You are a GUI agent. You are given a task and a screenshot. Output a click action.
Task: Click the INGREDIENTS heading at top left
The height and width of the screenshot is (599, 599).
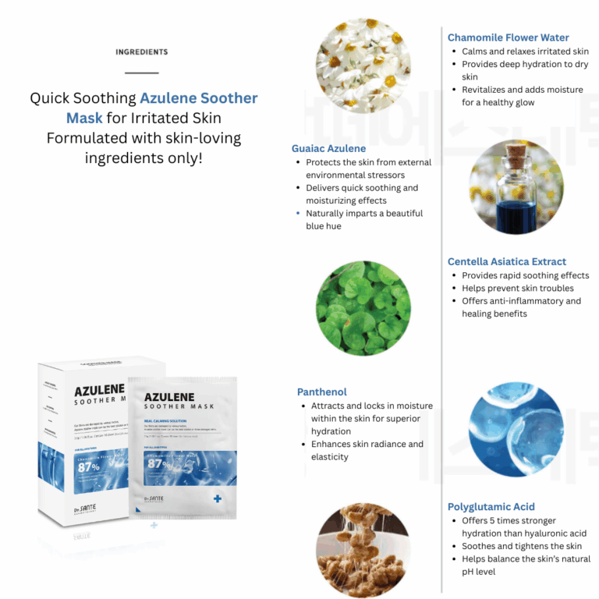[x=141, y=52]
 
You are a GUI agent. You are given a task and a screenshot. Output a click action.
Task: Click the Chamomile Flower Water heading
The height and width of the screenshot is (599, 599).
[x=508, y=37]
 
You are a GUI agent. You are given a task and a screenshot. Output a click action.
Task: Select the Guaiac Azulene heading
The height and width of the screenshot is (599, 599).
[x=328, y=148]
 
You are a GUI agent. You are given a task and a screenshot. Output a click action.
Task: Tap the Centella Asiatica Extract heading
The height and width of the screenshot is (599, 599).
[x=507, y=261]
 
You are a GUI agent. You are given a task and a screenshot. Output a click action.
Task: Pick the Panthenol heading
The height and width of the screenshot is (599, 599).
[x=322, y=392]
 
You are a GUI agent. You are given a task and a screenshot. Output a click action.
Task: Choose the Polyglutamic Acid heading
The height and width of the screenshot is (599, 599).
[x=491, y=506]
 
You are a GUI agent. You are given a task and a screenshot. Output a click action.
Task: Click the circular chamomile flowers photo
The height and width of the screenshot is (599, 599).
[x=363, y=65]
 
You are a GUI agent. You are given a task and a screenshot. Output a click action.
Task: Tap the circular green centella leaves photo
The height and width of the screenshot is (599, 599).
[x=363, y=307]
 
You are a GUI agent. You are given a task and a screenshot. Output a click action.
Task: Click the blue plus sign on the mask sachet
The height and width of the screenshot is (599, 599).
[x=216, y=498]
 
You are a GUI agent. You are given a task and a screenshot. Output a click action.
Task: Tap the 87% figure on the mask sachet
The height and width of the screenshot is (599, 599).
[x=158, y=463]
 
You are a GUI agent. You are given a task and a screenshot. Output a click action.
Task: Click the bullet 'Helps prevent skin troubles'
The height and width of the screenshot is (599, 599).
[x=517, y=289]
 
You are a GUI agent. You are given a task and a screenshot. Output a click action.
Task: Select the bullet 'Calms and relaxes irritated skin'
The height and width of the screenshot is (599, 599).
[x=525, y=51]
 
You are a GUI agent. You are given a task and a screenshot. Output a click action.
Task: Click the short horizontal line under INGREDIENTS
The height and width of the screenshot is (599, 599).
[x=141, y=73]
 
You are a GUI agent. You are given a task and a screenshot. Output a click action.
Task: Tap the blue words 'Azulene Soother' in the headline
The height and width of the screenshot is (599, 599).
[x=198, y=99]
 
